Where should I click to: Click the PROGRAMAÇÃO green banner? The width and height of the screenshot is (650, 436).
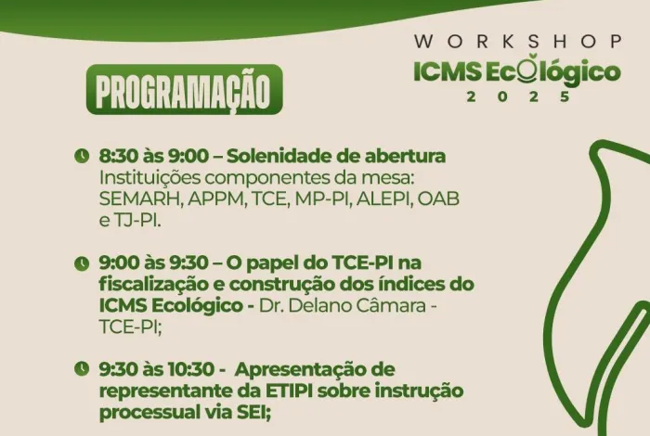[x=184, y=90]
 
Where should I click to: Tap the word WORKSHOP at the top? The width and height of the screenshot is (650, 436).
[x=518, y=41]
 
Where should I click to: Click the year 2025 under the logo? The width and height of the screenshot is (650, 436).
[x=518, y=96]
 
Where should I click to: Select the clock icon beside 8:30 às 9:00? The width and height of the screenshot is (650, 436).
[x=82, y=155]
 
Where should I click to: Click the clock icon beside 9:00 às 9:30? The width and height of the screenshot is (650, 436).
[x=82, y=263]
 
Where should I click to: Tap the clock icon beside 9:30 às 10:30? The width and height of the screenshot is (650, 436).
[x=82, y=369]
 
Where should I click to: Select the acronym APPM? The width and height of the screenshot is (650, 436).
[x=210, y=199]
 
